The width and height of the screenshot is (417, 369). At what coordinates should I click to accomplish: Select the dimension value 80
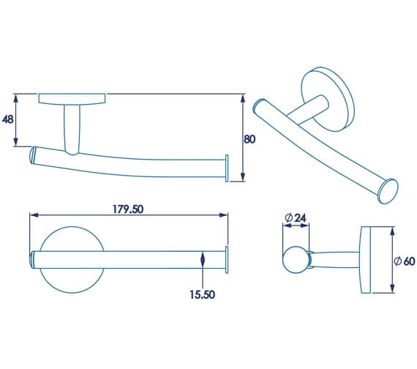click(250, 139)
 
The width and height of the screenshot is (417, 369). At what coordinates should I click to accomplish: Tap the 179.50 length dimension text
click(127, 209)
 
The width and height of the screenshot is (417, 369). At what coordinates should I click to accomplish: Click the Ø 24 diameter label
click(294, 218)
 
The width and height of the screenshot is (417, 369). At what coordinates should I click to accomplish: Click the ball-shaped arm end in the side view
click(296, 260)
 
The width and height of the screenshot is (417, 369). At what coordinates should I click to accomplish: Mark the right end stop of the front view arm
click(227, 168)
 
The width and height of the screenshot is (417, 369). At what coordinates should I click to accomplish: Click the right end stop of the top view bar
click(227, 260)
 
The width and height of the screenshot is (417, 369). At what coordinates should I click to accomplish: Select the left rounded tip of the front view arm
click(34, 155)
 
